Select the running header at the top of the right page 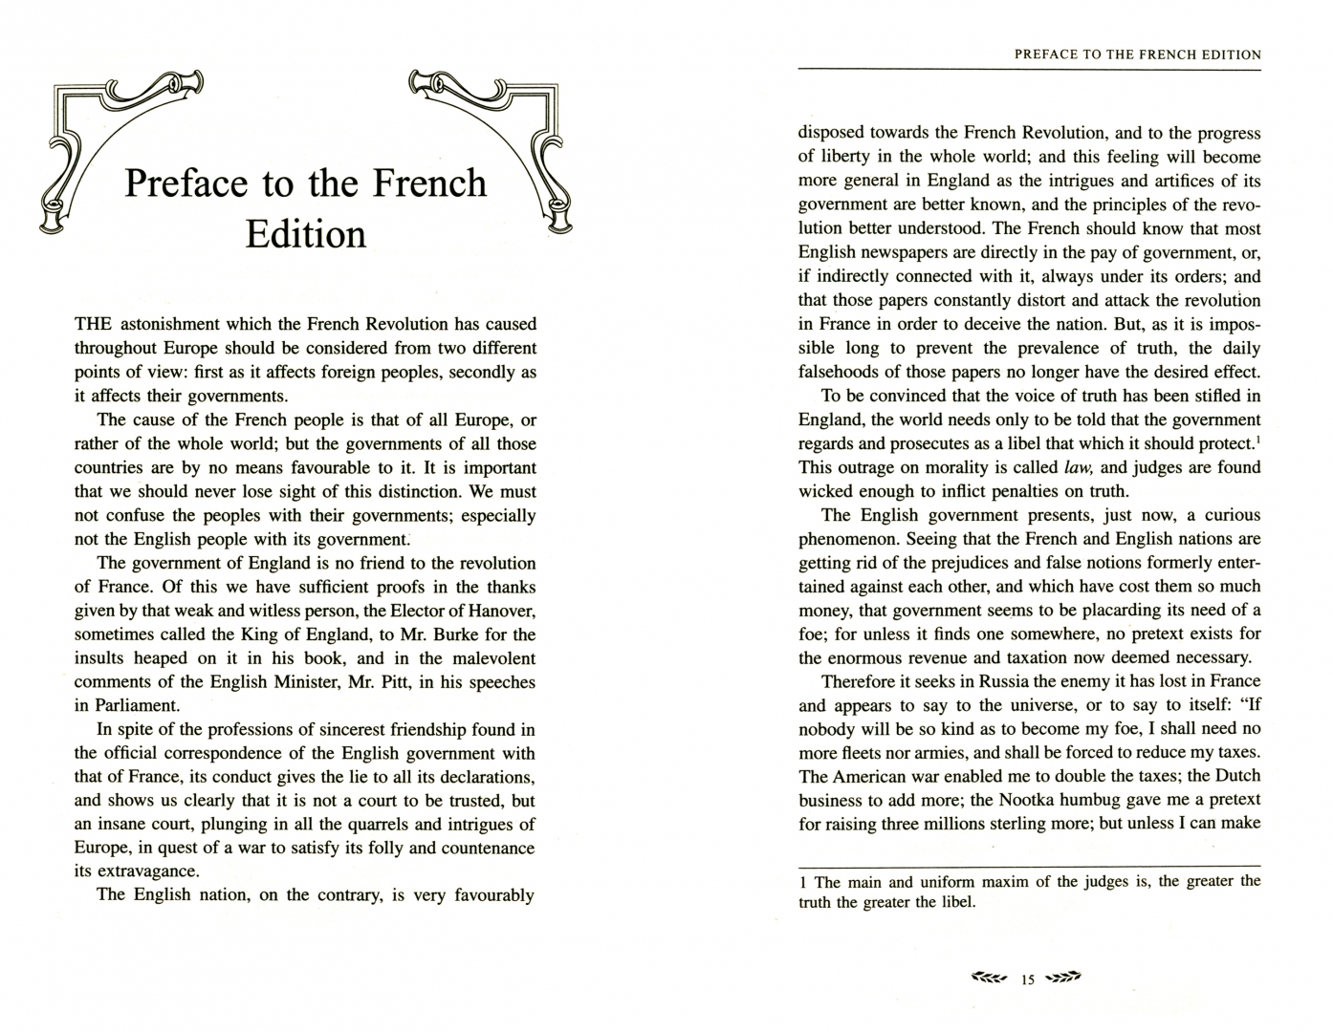[x=1137, y=54]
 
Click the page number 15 [x=1028, y=979]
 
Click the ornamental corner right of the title [x=497, y=143]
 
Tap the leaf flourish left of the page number [x=989, y=978]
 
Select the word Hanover [x=501, y=611]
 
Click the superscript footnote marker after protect [x=1257, y=439]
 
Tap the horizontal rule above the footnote [x=1030, y=866]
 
